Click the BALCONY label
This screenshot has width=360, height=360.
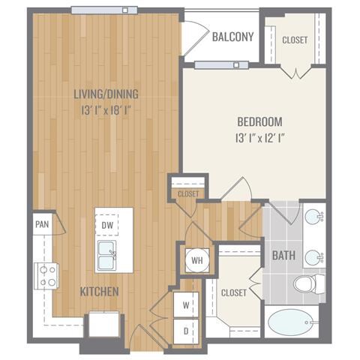232,37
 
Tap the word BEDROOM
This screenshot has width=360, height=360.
259,121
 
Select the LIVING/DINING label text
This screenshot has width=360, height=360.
106,94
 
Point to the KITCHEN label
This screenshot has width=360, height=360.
99,292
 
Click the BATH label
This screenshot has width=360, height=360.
283,256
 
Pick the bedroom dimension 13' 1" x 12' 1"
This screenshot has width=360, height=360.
260,138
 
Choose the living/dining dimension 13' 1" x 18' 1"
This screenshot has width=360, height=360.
106,110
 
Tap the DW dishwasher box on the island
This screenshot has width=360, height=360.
107,225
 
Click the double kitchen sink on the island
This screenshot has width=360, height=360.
107,256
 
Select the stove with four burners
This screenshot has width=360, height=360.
46,276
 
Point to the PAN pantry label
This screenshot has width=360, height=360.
42,224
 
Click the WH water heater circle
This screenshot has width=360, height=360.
197,260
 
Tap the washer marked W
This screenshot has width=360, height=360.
186,305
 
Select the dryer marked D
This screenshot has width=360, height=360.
186,331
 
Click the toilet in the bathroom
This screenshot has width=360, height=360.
310,283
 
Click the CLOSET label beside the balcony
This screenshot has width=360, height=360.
295,40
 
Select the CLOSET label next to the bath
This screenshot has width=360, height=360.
234,292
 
